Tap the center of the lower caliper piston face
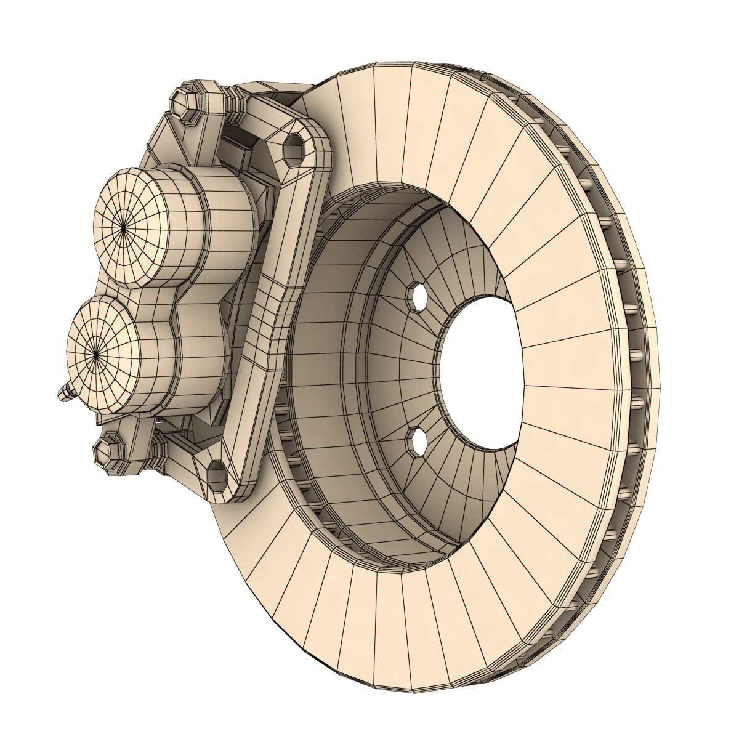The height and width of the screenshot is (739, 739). tap(97, 353)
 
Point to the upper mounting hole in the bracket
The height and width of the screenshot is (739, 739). tap(294, 148)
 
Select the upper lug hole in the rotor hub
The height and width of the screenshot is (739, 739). tap(419, 297)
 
